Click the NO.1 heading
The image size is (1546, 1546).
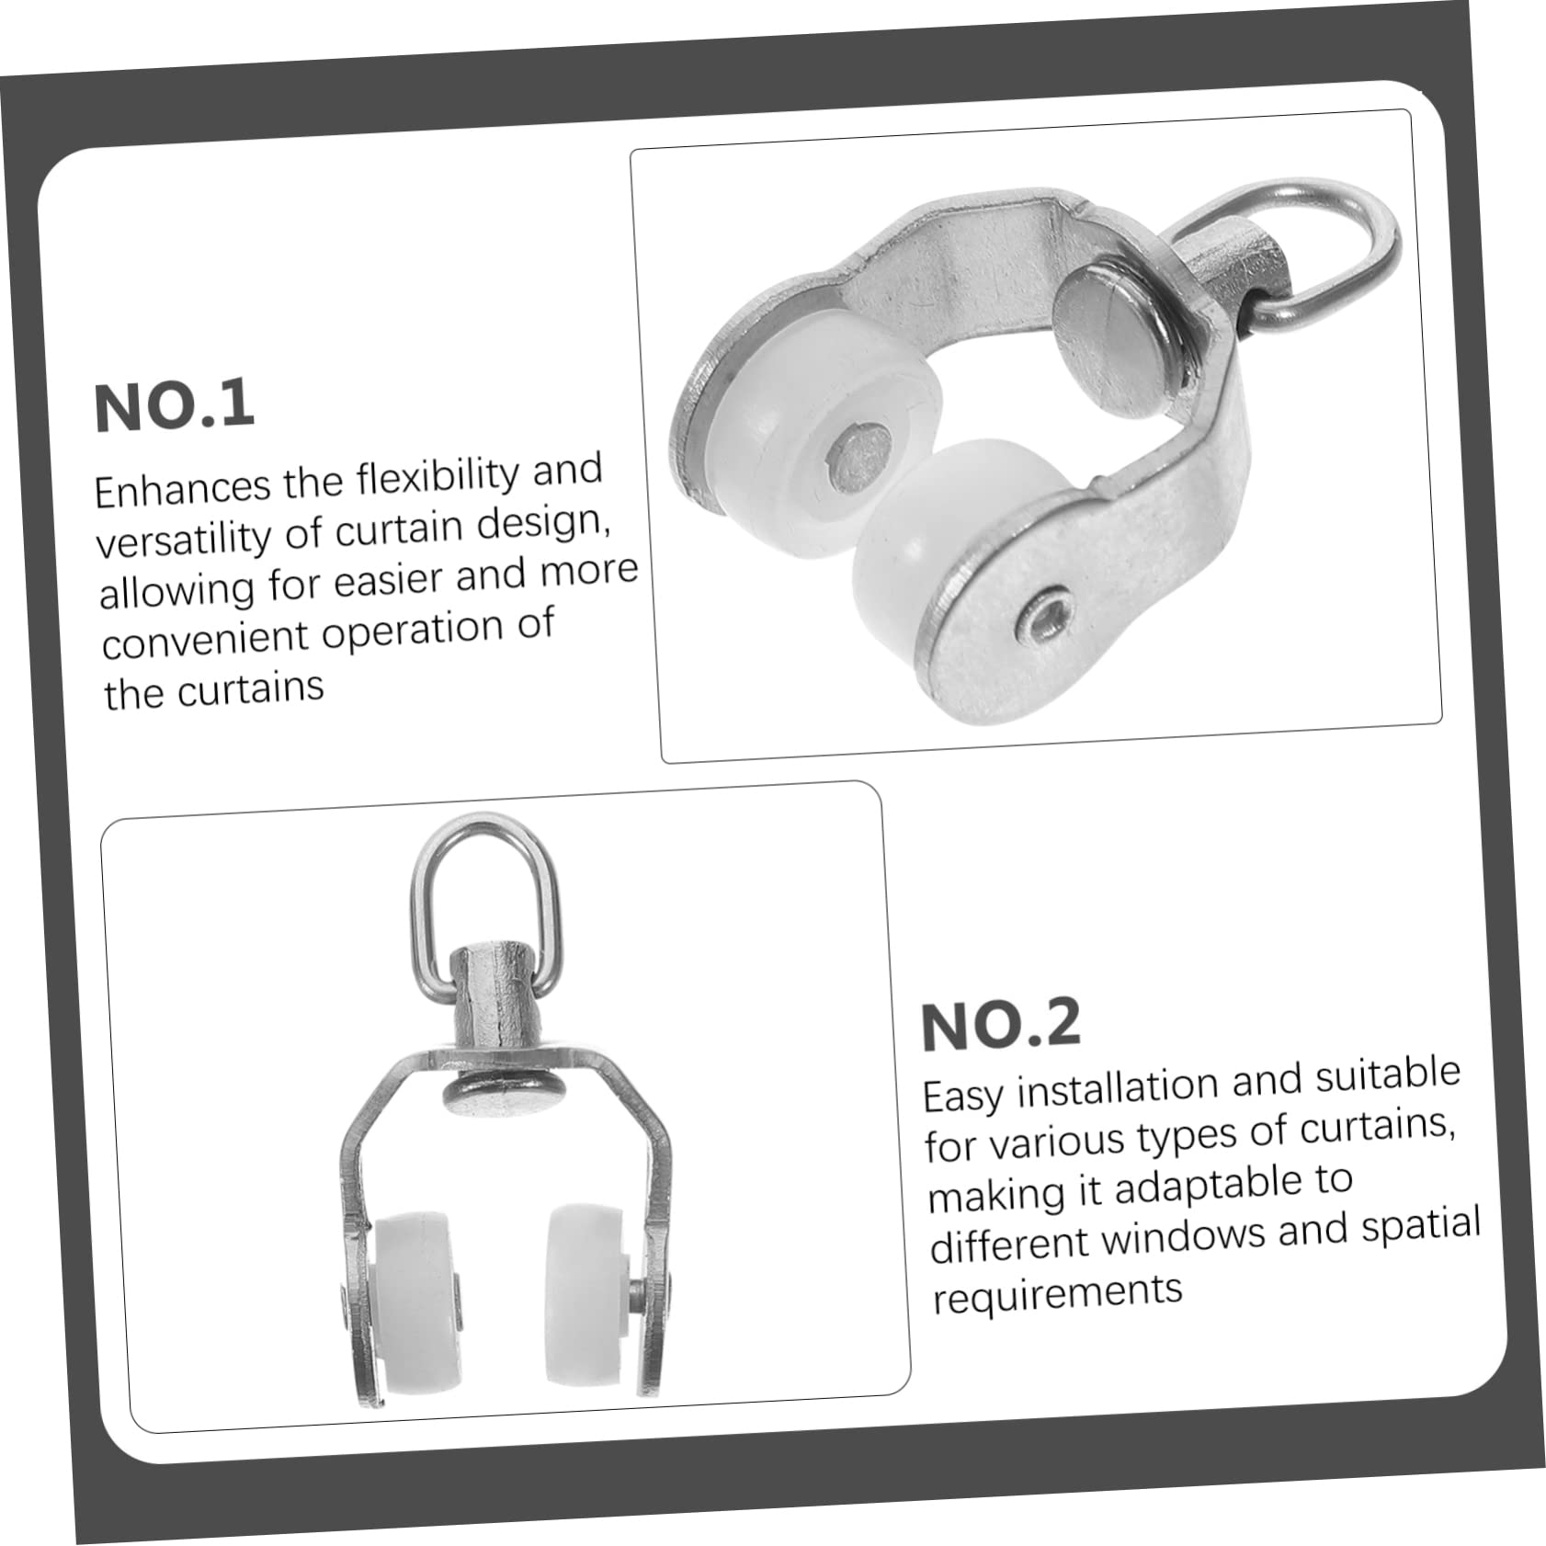(x=174, y=405)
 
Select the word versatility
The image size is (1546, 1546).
(x=185, y=540)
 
